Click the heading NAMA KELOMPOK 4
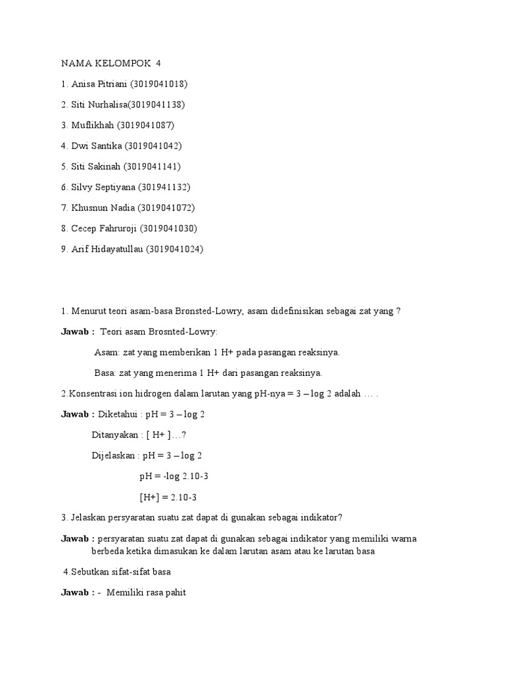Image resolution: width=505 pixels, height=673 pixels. click(x=110, y=64)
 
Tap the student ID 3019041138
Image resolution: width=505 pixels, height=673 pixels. click(x=156, y=104)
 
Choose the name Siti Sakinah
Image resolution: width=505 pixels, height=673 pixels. click(x=96, y=166)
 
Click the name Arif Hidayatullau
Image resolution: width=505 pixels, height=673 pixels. click(x=107, y=249)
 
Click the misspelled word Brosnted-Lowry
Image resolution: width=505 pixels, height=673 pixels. click(x=178, y=332)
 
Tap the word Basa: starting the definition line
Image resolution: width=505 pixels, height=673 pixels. click(x=105, y=373)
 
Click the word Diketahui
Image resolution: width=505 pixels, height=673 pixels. click(x=118, y=415)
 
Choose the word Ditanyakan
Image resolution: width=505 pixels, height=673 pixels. click(x=114, y=435)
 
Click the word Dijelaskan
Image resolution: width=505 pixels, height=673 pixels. click(x=114, y=455)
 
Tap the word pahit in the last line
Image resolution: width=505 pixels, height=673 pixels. click(x=174, y=592)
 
